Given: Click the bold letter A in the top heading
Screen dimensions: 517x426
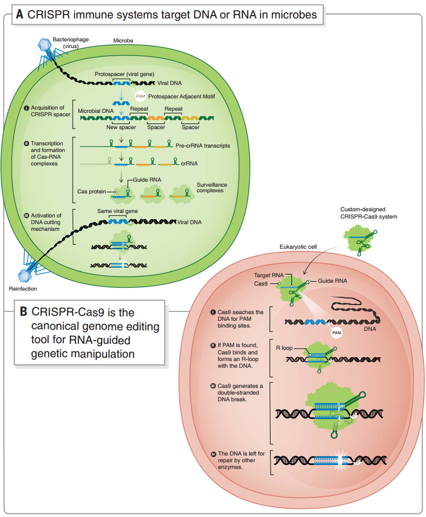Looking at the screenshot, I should point(20,15).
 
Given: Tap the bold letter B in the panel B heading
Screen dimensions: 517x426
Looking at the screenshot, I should point(24,311).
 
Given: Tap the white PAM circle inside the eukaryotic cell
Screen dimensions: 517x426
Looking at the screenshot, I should point(337,333).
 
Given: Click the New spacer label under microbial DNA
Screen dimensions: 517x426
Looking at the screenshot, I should point(121,127).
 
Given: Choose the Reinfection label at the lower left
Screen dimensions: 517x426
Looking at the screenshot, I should point(23,288).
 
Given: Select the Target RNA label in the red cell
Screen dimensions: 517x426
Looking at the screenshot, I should point(269,276).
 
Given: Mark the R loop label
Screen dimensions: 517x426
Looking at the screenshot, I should point(284,348).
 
